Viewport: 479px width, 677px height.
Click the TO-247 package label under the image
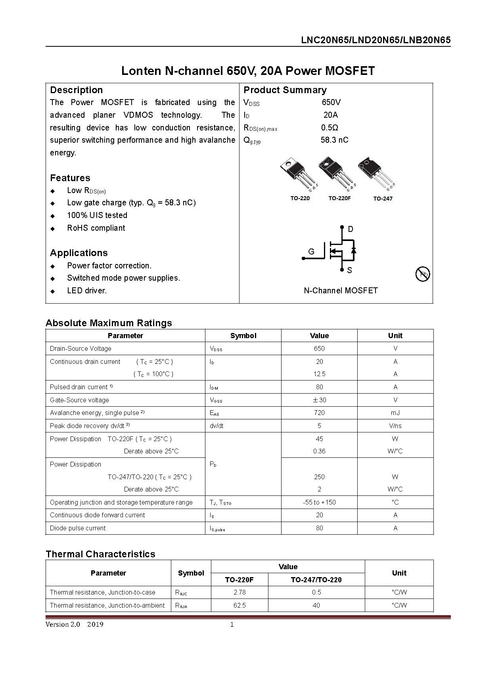(x=382, y=198)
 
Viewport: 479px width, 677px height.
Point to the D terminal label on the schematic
(x=350, y=229)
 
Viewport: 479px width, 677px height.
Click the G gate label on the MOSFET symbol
(x=311, y=252)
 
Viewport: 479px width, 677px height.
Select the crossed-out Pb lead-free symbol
(x=423, y=273)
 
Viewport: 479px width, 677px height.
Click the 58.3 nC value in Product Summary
(x=334, y=140)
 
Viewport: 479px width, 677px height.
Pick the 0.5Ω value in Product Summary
(x=330, y=128)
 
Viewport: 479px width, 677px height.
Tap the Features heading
(x=70, y=178)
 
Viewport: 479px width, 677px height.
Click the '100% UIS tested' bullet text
(x=97, y=215)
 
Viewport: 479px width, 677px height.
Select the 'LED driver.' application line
(x=87, y=291)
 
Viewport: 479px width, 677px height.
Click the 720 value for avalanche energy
(x=319, y=413)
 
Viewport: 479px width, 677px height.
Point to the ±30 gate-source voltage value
(x=319, y=400)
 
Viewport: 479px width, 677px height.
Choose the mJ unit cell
(x=395, y=413)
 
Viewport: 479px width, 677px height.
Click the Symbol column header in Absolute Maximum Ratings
(x=243, y=336)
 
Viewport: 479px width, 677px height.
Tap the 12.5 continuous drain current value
(x=319, y=374)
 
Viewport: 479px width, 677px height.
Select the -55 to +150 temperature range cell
(x=319, y=502)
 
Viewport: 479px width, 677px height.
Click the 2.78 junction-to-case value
(x=239, y=592)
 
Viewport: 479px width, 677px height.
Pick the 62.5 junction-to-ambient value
(x=239, y=605)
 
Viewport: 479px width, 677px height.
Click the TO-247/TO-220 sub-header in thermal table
(x=316, y=579)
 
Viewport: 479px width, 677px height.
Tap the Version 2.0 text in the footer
(x=63, y=624)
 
